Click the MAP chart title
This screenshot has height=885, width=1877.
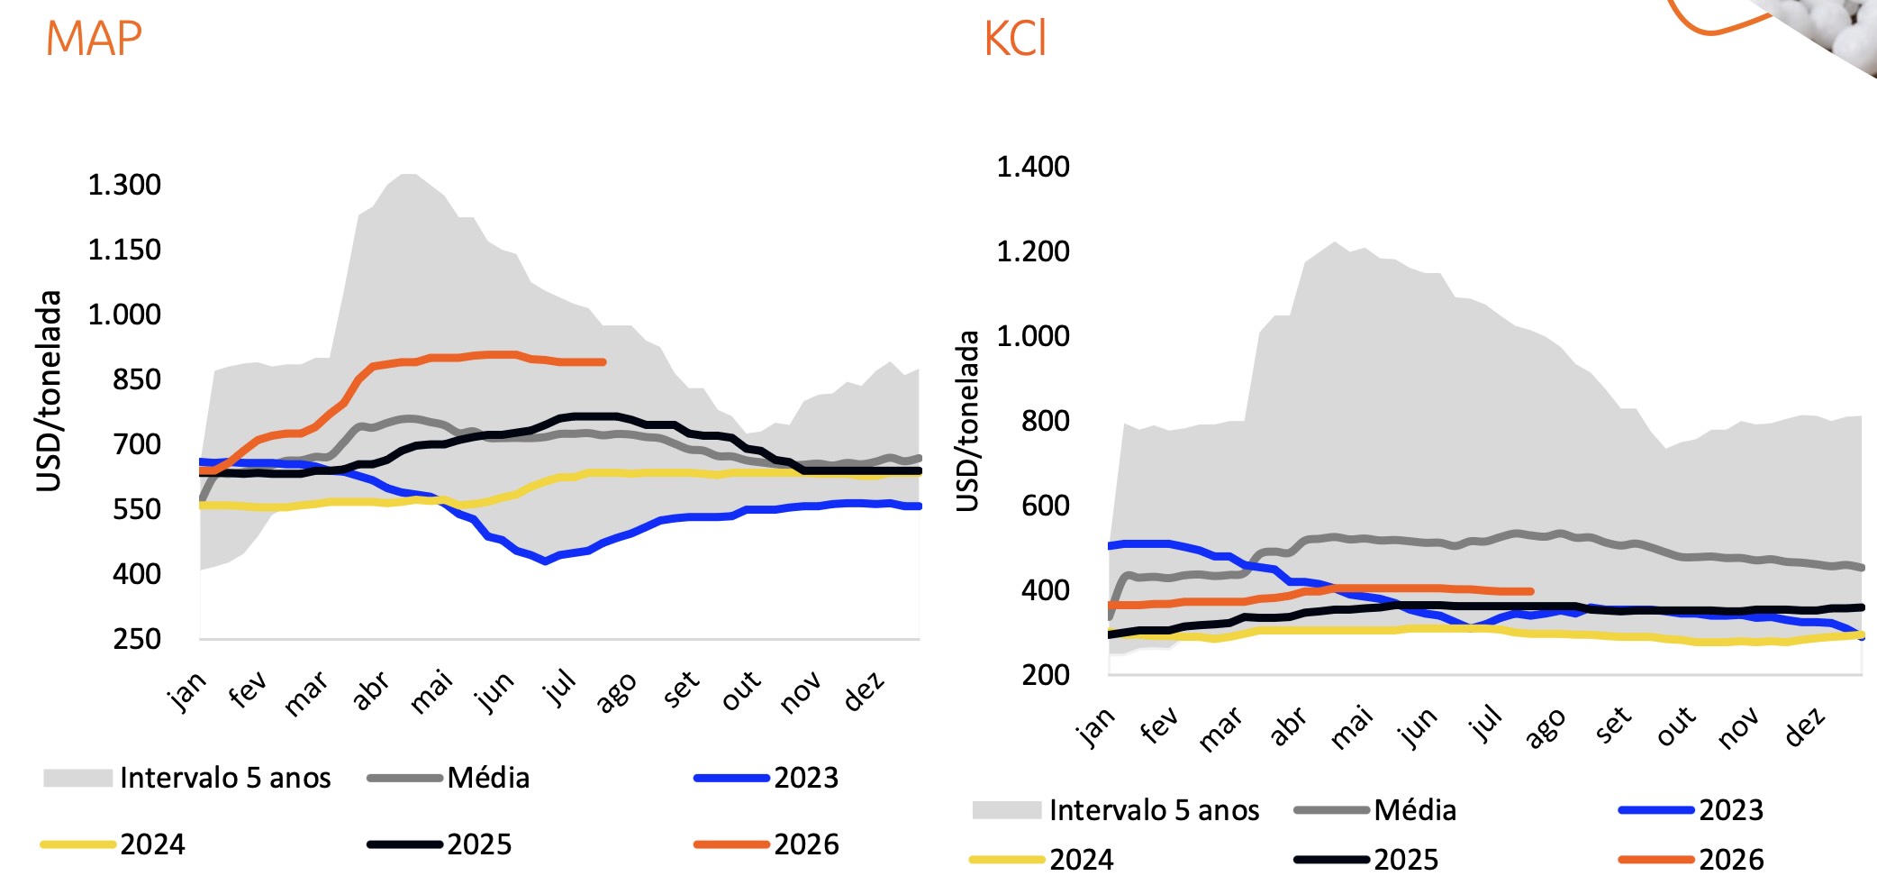pos(94,39)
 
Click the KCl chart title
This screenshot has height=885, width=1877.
pos(1015,39)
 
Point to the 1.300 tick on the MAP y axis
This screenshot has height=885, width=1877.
pos(124,185)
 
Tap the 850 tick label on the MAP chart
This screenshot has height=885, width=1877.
pos(137,379)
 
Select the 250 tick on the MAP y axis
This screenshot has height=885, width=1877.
pos(137,639)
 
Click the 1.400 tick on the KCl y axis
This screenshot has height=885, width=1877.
pos(1033,167)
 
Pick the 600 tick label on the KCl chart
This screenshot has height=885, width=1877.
pos(1046,506)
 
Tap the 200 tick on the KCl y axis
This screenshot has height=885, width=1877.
pos(1046,675)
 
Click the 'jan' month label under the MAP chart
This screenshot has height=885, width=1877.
pos(186,691)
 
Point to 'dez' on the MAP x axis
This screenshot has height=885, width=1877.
pos(864,691)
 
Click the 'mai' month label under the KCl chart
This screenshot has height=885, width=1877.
pos(1352,727)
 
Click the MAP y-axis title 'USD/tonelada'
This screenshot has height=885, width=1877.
pos(50,391)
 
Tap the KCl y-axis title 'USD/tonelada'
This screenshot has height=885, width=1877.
pos(967,421)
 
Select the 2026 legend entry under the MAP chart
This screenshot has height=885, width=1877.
pos(766,844)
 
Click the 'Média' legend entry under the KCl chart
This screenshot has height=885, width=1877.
pos(1375,810)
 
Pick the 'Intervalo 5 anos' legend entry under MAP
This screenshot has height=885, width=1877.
pos(187,778)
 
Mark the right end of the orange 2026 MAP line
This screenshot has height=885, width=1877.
pos(603,362)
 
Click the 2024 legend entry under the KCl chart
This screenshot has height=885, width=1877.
pos(1042,860)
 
